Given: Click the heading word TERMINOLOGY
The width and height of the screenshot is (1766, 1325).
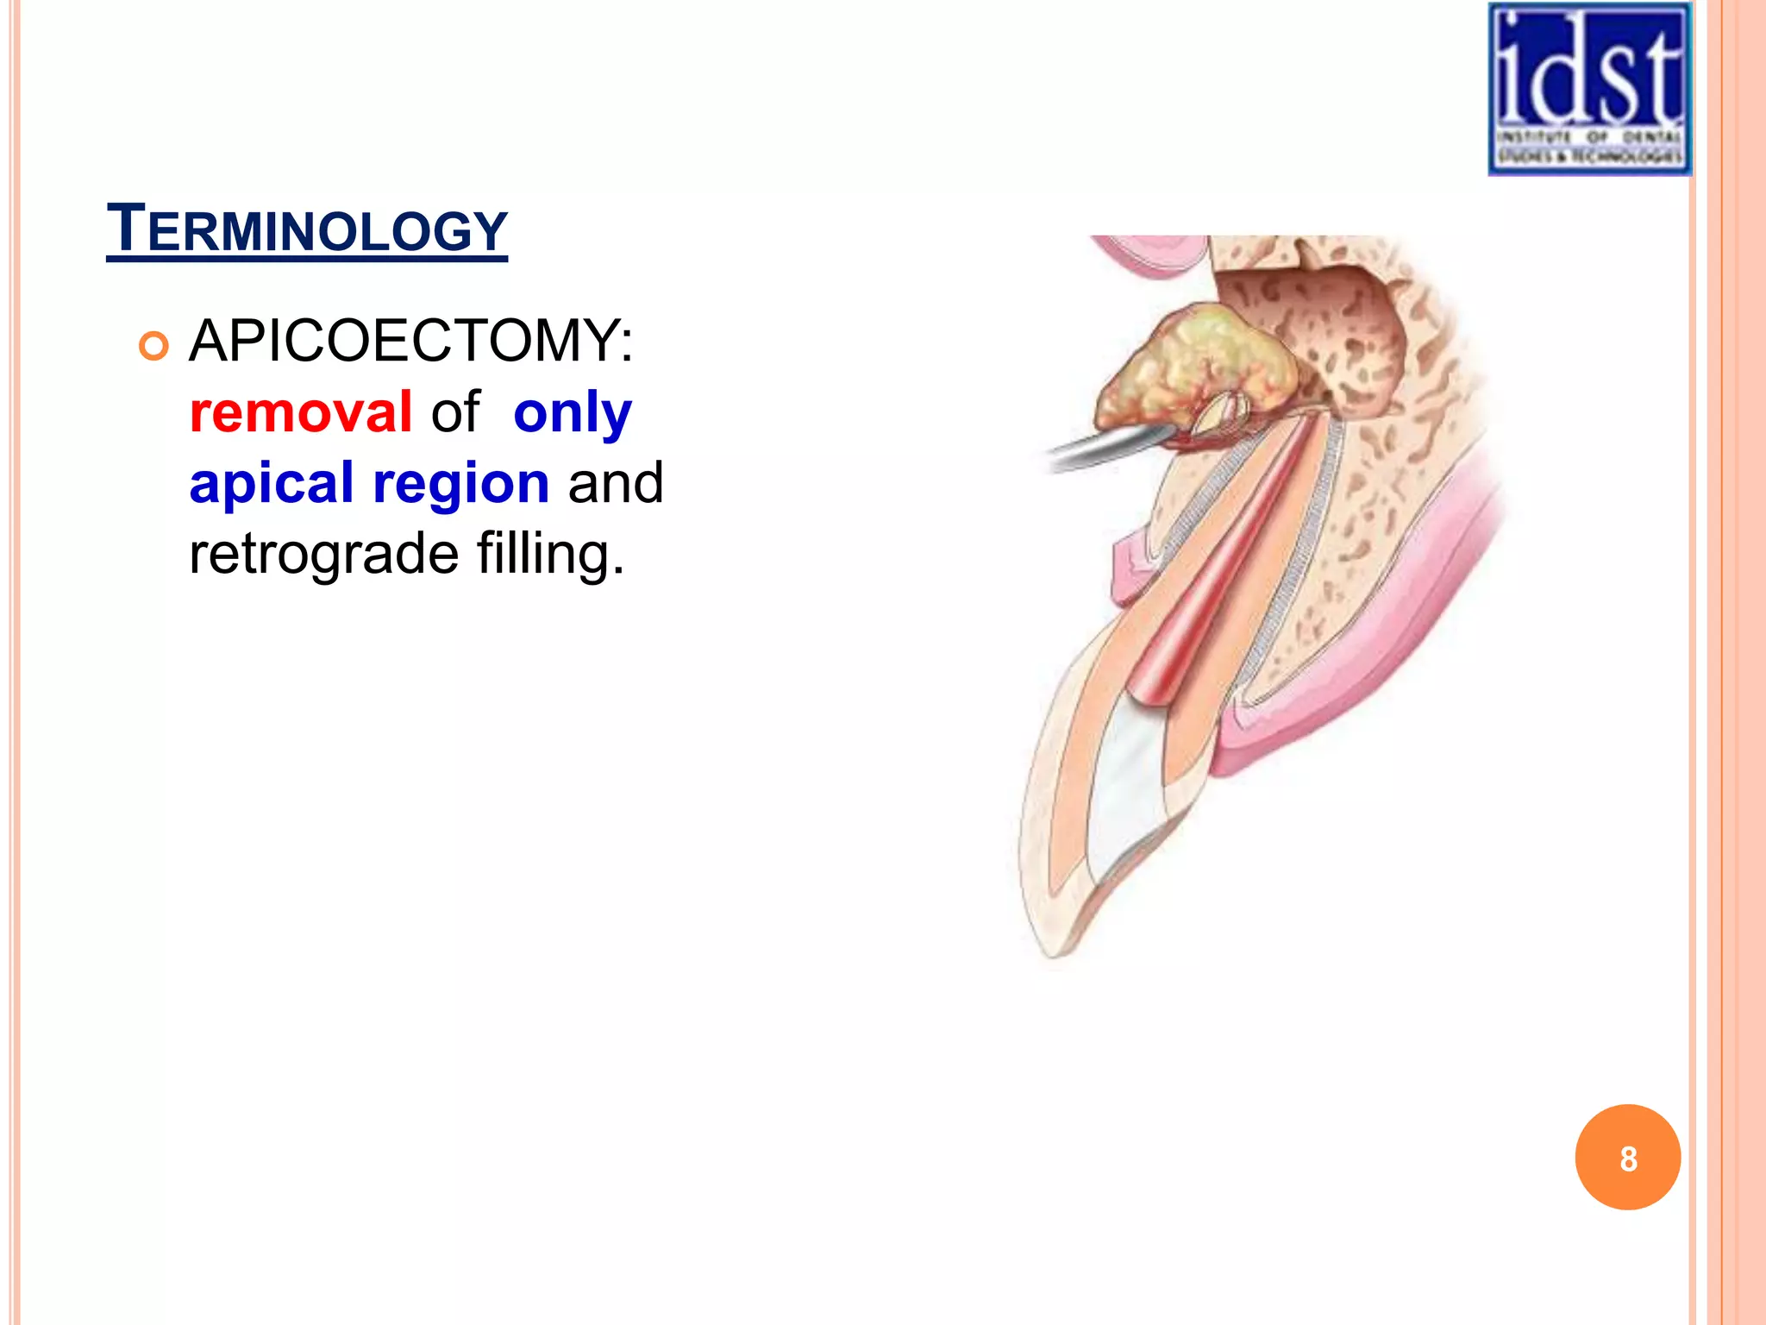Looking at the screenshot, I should tap(307, 229).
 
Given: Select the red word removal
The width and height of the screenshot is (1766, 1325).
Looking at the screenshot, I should tap(301, 412).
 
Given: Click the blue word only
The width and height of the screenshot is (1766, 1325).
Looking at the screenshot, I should tap(572, 412).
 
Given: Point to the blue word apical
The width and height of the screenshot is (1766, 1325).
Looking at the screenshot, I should tap(271, 483).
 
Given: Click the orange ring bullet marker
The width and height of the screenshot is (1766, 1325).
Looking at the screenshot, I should tap(153, 347).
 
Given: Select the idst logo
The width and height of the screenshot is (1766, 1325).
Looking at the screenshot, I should tap(1589, 89).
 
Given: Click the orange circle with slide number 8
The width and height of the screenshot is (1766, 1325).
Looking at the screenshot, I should tap(1627, 1158).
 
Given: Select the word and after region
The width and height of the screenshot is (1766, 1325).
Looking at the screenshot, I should tap(616, 483).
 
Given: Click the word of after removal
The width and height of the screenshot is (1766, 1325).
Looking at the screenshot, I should tap(455, 412).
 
